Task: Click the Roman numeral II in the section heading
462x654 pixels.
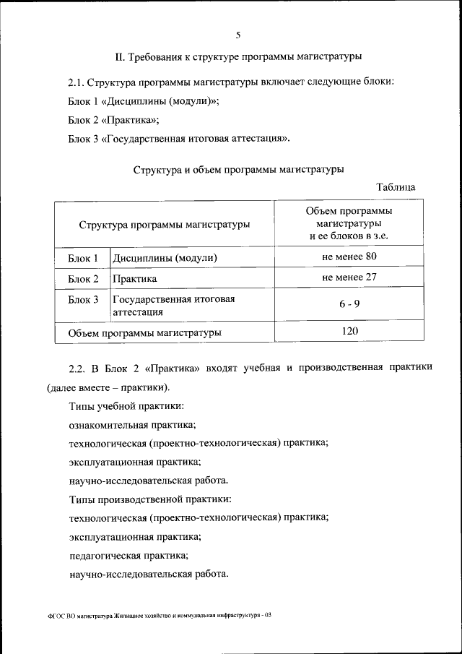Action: (121, 56)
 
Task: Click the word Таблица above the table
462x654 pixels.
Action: (396, 186)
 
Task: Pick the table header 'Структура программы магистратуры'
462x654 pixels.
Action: (165, 224)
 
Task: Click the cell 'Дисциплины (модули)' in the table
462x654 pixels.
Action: (164, 258)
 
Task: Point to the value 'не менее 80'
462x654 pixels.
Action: (349, 257)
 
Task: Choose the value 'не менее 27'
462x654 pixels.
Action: (349, 277)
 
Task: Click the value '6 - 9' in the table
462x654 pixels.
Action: (349, 304)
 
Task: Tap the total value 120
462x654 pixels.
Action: (349, 331)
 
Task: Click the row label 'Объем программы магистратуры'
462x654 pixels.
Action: (144, 333)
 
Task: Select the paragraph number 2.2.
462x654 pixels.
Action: (77, 367)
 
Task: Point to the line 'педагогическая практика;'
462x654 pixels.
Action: (128, 556)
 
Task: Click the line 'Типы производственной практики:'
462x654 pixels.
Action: (150, 499)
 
